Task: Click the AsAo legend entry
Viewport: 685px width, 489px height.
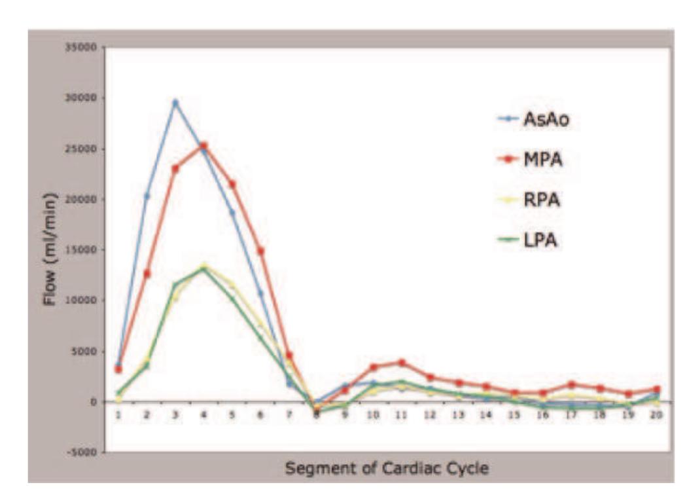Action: [529, 120]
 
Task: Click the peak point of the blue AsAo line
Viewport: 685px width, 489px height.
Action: [175, 103]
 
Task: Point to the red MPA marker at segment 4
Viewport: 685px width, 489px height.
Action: [203, 146]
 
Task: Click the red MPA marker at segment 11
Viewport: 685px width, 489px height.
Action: [402, 363]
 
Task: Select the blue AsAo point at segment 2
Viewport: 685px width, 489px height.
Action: [147, 196]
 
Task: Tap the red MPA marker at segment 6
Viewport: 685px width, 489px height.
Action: [260, 251]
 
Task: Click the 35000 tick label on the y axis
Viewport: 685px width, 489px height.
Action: [82, 48]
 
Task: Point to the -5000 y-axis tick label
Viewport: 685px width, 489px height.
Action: [82, 452]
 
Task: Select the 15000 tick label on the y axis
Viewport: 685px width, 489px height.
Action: [82, 250]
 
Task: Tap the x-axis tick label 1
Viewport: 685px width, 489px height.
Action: [118, 414]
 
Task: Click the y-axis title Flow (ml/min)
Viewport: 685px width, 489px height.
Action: [51, 249]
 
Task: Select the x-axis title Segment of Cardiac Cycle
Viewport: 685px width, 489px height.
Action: [386, 469]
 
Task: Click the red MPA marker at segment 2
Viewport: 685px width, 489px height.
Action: [147, 274]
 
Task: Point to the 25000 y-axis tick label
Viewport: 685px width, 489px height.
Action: [82, 149]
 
